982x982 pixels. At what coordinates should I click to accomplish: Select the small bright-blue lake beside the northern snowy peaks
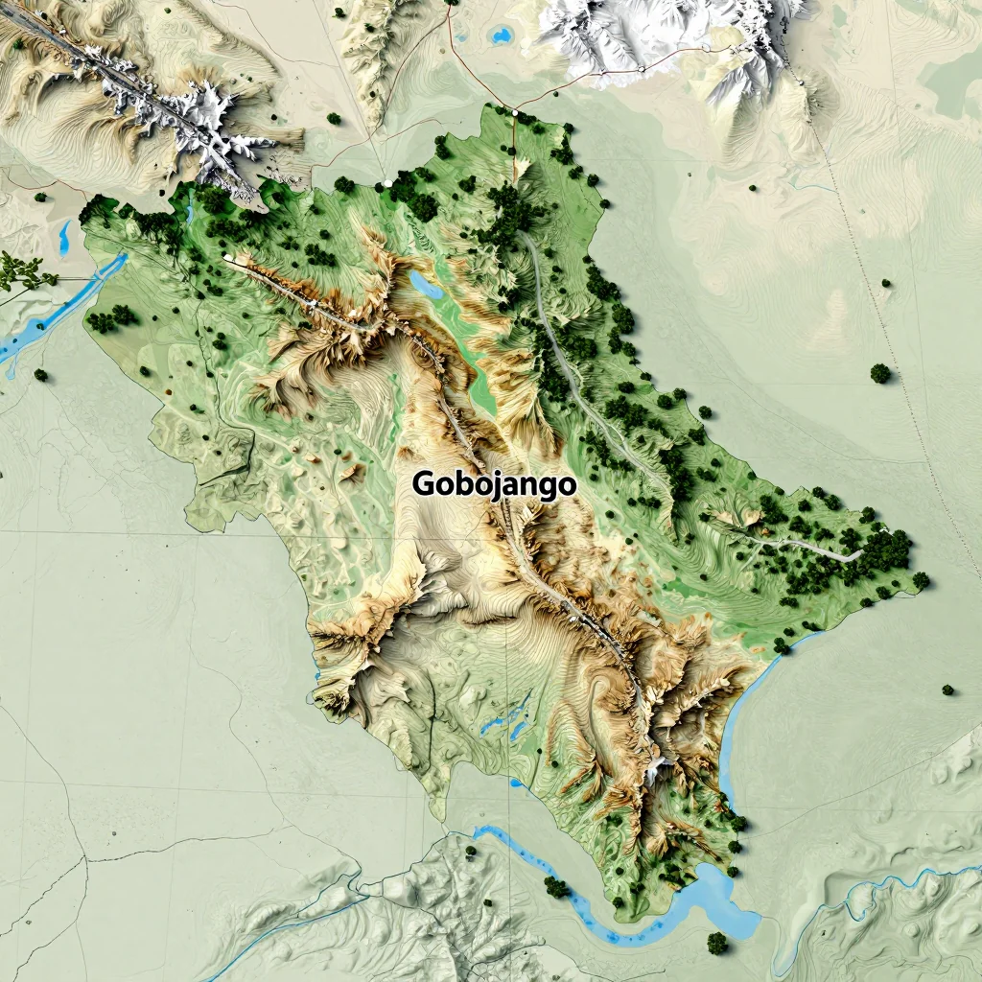[500, 36]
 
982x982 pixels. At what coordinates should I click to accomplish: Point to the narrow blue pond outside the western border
[64, 238]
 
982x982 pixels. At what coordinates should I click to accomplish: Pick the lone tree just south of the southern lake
[716, 943]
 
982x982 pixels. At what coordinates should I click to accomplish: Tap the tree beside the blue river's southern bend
[555, 887]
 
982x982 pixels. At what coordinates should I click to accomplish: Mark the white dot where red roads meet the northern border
[515, 112]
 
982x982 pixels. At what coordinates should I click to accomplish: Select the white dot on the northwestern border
[386, 182]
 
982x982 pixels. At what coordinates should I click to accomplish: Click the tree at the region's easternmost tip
[921, 579]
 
